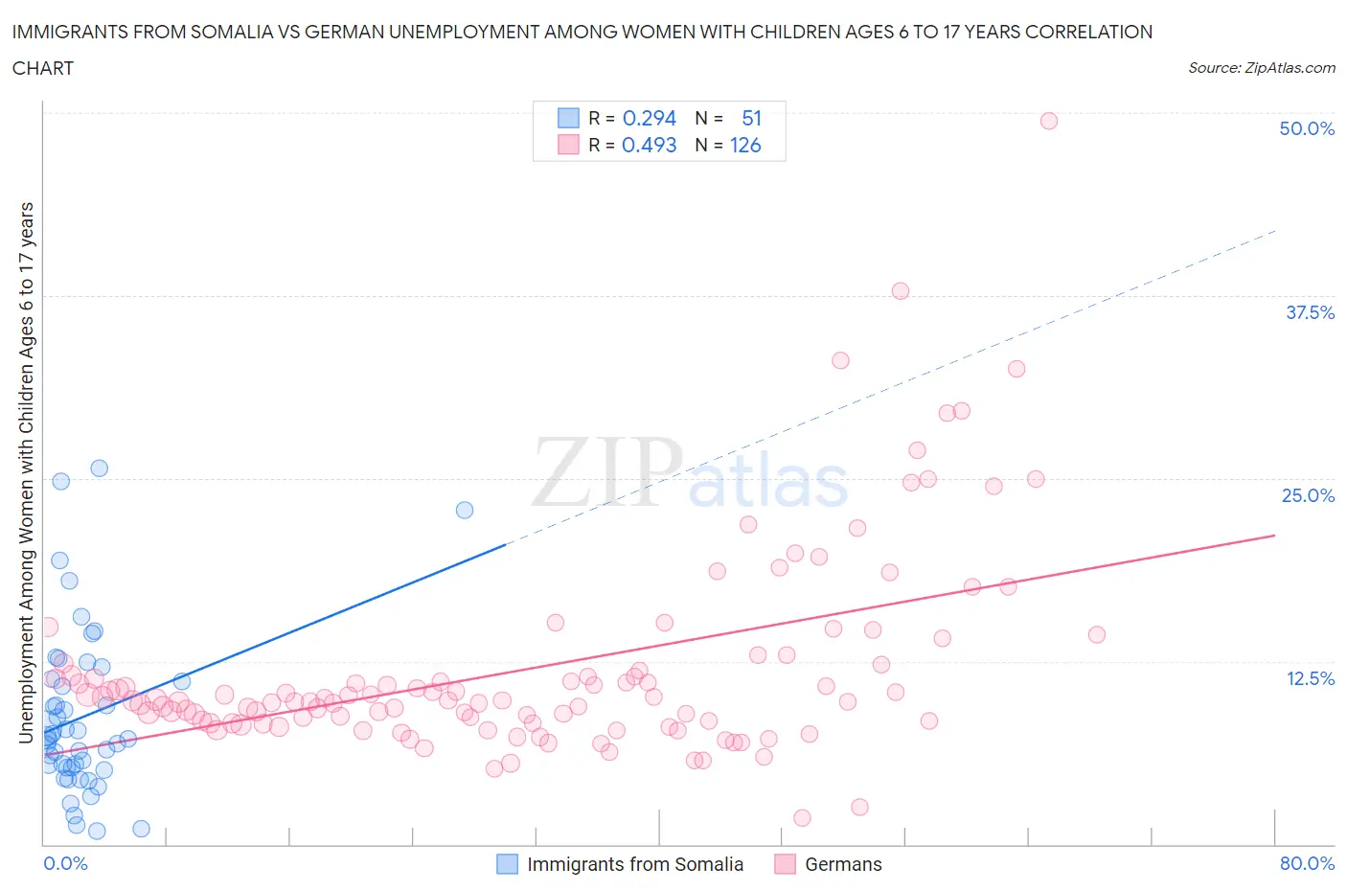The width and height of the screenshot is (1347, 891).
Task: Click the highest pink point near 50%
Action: [1048, 121]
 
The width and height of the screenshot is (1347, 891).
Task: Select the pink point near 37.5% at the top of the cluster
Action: [900, 291]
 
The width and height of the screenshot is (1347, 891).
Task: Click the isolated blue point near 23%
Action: [465, 510]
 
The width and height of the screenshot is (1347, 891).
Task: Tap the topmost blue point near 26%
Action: [99, 468]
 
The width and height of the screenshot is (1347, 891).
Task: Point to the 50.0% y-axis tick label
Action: [1306, 128]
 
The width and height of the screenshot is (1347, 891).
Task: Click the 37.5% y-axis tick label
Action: [1309, 312]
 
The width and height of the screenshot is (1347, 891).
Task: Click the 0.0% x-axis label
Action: [65, 863]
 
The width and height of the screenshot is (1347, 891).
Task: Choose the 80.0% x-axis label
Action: [1306, 863]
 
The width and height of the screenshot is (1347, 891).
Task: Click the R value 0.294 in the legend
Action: [649, 118]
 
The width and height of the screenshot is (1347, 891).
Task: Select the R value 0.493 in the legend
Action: [649, 145]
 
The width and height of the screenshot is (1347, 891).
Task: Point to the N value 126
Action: [745, 145]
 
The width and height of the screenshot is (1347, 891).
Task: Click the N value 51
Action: [751, 118]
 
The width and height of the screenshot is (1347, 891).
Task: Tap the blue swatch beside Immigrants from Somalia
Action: [507, 864]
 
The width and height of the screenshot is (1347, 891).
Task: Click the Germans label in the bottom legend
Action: [843, 864]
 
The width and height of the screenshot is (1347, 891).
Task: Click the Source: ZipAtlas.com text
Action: [1261, 67]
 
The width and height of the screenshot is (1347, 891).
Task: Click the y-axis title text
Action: [26, 472]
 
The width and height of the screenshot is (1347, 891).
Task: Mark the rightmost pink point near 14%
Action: [1096, 634]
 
